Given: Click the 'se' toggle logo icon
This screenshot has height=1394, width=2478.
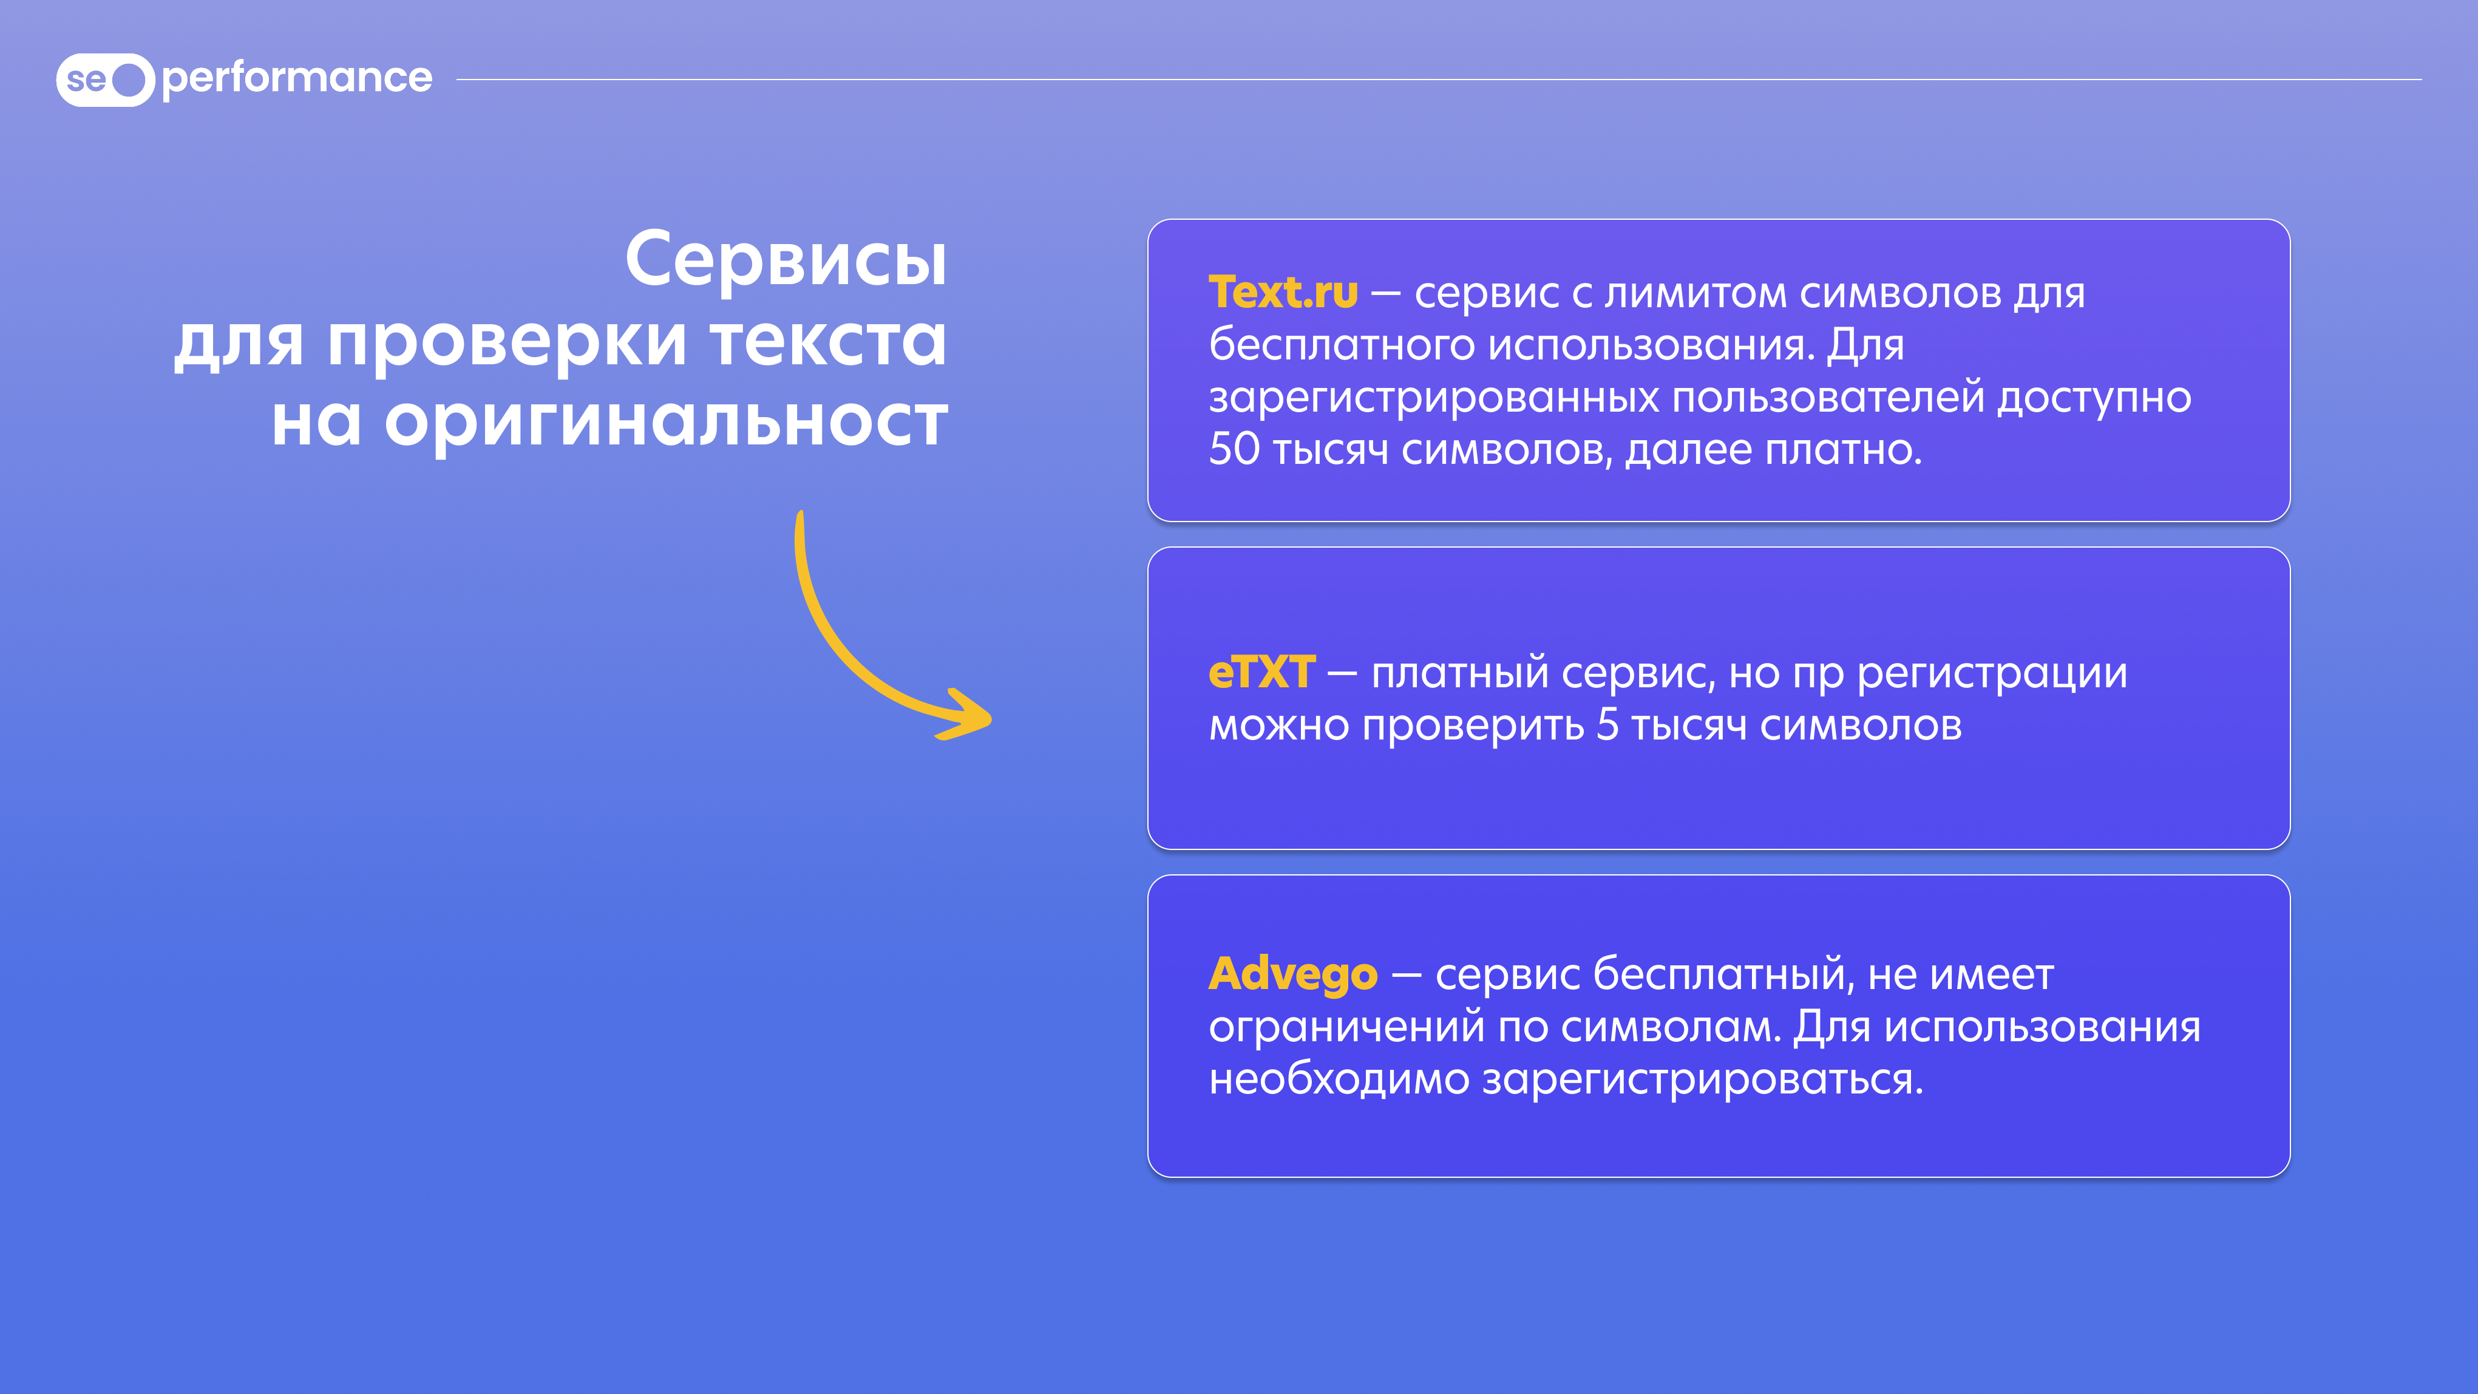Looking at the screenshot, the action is (x=105, y=79).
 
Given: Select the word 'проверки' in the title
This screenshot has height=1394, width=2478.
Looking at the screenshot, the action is (x=507, y=342).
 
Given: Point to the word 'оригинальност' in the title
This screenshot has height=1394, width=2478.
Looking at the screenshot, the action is (x=666, y=423).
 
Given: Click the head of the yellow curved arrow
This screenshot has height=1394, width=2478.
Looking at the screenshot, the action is (x=965, y=715).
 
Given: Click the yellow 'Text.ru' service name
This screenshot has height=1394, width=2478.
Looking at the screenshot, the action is (x=1283, y=293).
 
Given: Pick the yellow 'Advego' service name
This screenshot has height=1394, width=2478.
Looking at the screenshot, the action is (x=1293, y=974).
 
